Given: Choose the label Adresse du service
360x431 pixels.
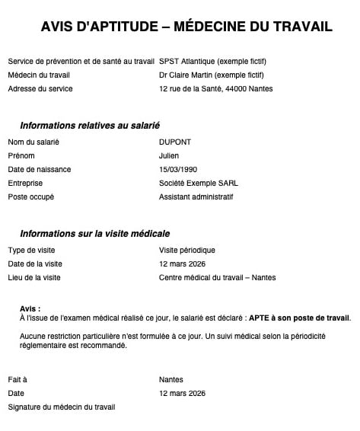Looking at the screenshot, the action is (40, 88).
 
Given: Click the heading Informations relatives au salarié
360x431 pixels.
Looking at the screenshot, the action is (90, 125).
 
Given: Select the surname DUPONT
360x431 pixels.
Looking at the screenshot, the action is (174, 142).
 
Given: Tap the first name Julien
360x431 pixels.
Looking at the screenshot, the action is (169, 155).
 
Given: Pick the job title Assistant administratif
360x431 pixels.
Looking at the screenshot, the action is (196, 196).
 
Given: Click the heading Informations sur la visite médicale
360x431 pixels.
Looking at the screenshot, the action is (94, 233).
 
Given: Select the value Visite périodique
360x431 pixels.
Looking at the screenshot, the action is (187, 250).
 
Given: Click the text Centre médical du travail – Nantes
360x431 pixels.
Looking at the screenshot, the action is (217, 277).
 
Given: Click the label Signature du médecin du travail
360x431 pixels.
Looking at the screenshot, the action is (62, 407).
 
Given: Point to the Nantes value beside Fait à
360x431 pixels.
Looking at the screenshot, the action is (171, 379).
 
